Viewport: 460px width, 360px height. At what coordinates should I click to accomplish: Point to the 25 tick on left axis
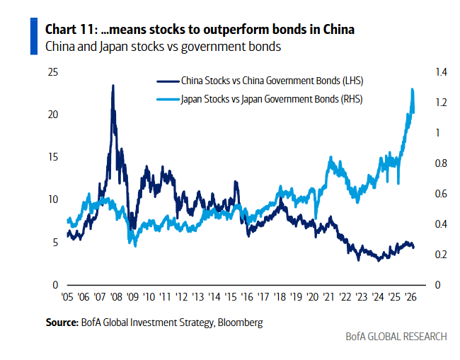(53, 72)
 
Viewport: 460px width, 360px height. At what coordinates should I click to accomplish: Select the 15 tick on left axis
(53, 157)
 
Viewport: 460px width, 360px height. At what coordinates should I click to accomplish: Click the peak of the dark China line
(113, 86)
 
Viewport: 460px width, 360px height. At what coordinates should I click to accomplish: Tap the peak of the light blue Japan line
(412, 89)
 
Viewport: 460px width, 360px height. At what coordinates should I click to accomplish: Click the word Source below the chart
(60, 323)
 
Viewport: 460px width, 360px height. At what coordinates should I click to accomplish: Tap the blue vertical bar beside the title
(33, 37)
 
